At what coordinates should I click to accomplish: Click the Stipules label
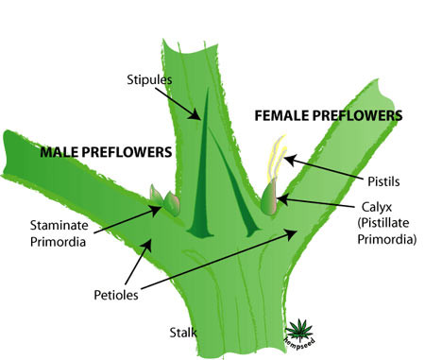[x=149, y=80]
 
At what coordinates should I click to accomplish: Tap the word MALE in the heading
[x=60, y=152]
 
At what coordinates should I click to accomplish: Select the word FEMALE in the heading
[x=281, y=115]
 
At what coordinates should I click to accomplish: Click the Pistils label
[x=383, y=181]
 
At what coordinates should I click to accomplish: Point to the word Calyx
[x=377, y=208]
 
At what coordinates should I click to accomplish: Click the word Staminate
[x=59, y=226]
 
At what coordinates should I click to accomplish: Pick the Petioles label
[x=116, y=296]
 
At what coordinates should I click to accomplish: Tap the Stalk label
[x=183, y=333]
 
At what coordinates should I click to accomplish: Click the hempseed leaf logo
[x=299, y=332]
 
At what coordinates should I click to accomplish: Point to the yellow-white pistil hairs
[x=277, y=158]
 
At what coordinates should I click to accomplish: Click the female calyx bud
[x=269, y=197]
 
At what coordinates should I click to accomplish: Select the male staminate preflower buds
[x=165, y=200]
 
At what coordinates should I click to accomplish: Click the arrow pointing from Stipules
[x=178, y=104]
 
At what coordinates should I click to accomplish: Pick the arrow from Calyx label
[x=315, y=201]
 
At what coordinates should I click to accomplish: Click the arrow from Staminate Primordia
[x=127, y=219]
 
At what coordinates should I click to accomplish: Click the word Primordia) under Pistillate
[x=387, y=239]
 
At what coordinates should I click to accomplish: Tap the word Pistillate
[x=383, y=223]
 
